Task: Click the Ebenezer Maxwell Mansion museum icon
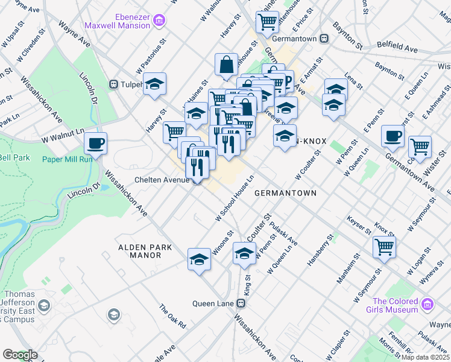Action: (x=160, y=21)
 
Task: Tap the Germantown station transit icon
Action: (x=324, y=38)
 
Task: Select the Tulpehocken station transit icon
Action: (x=113, y=84)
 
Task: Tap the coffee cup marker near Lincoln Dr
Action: (x=95, y=144)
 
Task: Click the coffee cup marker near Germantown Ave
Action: (x=393, y=136)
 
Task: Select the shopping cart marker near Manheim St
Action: (x=384, y=246)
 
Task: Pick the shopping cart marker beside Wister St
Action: (x=420, y=146)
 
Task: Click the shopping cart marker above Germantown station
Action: (x=266, y=22)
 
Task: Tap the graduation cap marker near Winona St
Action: (x=199, y=259)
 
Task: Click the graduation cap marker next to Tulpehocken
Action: (x=155, y=84)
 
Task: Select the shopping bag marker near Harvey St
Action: (x=226, y=65)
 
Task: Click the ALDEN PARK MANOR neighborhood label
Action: (x=145, y=251)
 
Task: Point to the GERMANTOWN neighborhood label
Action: (x=285, y=193)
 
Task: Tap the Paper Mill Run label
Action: (x=67, y=159)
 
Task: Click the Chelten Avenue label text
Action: (x=162, y=180)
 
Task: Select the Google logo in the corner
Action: (x=20, y=355)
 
